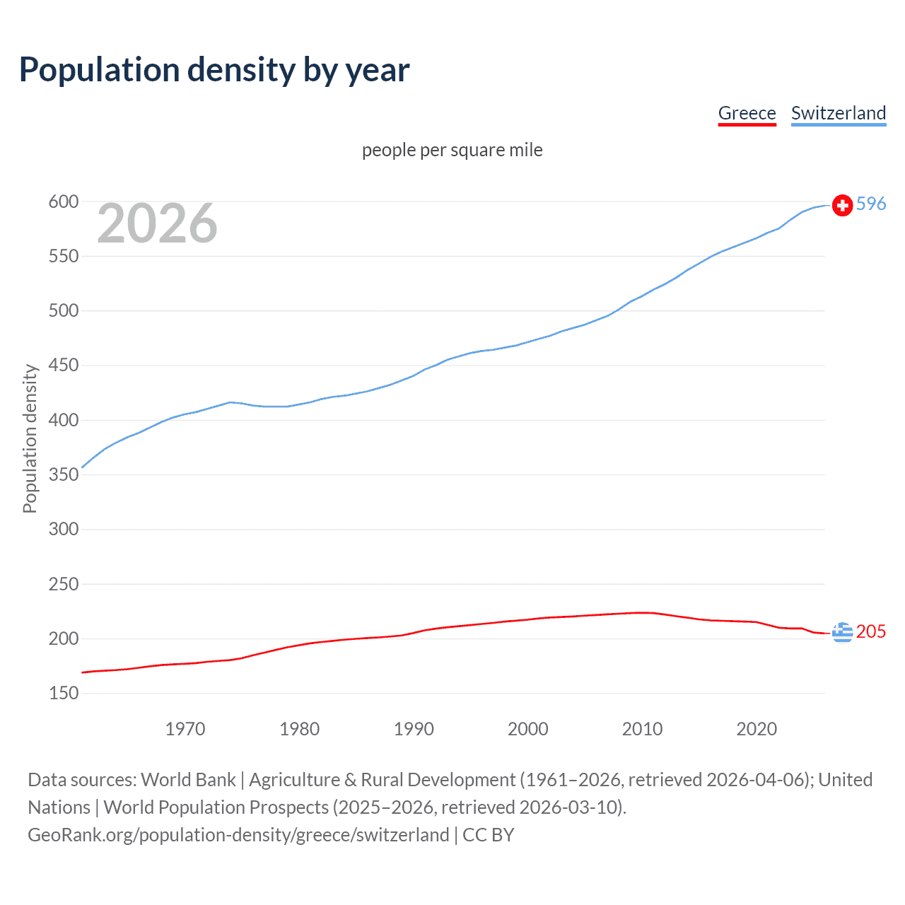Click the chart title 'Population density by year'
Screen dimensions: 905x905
[214, 70]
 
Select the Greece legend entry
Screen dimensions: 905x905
[747, 113]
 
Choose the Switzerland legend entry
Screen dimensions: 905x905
[838, 113]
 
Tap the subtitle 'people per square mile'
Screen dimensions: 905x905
[452, 150]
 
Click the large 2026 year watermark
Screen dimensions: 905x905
[157, 223]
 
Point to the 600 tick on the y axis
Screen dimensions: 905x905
[64, 202]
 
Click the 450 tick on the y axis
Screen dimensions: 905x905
[64, 366]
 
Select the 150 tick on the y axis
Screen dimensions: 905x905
[64, 693]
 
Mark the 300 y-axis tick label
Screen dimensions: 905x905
[64, 529]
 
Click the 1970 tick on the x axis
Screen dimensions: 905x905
[185, 729]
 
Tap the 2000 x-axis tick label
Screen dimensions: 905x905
[527, 729]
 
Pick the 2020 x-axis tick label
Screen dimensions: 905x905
[757, 729]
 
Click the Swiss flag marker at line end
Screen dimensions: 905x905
[842, 205]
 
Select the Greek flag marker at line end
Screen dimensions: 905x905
[842, 632]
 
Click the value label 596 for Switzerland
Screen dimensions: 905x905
[871, 204]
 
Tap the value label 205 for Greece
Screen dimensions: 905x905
[871, 631]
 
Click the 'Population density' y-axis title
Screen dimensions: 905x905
[30, 438]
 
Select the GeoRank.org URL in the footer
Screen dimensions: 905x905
[238, 835]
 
